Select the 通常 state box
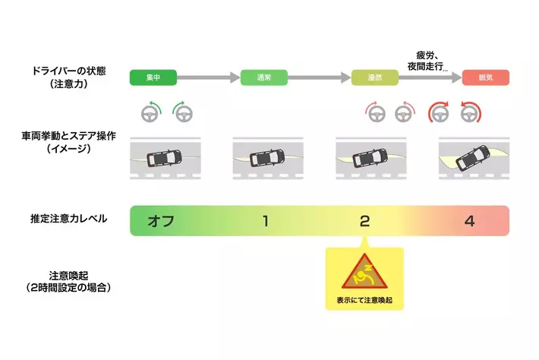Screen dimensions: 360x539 (263, 77)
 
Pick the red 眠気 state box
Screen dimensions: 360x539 (485, 77)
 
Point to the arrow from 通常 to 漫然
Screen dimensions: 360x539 (319, 77)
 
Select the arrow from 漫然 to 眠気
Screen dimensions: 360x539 (428, 77)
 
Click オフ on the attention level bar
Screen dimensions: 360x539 (162, 221)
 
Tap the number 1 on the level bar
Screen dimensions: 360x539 (264, 221)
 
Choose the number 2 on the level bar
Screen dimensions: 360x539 (364, 221)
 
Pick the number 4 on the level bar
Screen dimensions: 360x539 (470, 221)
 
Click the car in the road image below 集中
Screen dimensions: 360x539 (164, 158)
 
